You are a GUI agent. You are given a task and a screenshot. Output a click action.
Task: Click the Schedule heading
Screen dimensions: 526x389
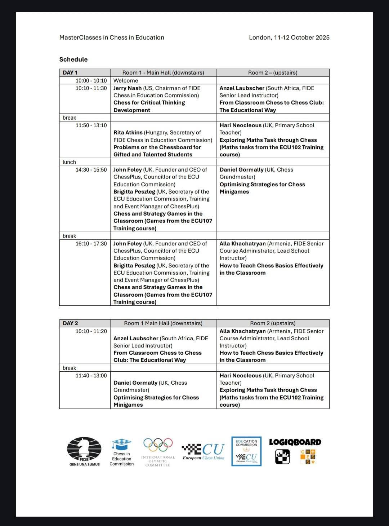point(73,59)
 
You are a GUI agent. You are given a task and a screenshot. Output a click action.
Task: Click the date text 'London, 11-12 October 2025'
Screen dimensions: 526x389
point(289,37)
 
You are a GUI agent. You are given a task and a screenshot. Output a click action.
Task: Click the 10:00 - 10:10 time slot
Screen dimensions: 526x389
point(91,81)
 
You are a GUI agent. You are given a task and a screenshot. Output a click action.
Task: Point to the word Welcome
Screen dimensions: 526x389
point(126,81)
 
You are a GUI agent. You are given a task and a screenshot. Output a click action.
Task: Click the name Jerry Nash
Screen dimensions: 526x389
point(128,88)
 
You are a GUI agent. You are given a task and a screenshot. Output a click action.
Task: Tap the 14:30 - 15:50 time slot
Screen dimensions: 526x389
point(91,170)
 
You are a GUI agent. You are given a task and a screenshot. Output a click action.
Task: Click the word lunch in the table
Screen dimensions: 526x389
point(69,162)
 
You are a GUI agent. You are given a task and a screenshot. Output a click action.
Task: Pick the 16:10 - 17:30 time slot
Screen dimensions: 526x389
point(91,244)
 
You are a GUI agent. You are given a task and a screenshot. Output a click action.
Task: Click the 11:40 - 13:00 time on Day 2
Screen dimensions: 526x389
point(91,376)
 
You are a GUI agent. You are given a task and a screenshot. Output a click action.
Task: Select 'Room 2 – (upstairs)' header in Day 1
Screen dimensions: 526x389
point(273,72)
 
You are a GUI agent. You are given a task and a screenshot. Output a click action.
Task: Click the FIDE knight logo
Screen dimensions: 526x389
point(84,449)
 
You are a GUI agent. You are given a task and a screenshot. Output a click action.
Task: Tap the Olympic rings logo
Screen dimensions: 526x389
point(158,445)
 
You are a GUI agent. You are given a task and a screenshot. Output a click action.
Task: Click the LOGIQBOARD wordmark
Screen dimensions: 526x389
point(295,442)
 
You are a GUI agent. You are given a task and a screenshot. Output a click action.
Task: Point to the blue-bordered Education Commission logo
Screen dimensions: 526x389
point(246,451)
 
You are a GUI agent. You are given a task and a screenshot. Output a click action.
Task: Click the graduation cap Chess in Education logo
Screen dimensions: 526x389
point(121,444)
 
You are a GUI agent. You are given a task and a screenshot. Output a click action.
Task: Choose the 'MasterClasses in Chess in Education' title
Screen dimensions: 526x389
point(112,37)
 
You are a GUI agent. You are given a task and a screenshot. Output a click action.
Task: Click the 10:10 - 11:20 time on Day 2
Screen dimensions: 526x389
point(91,331)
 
